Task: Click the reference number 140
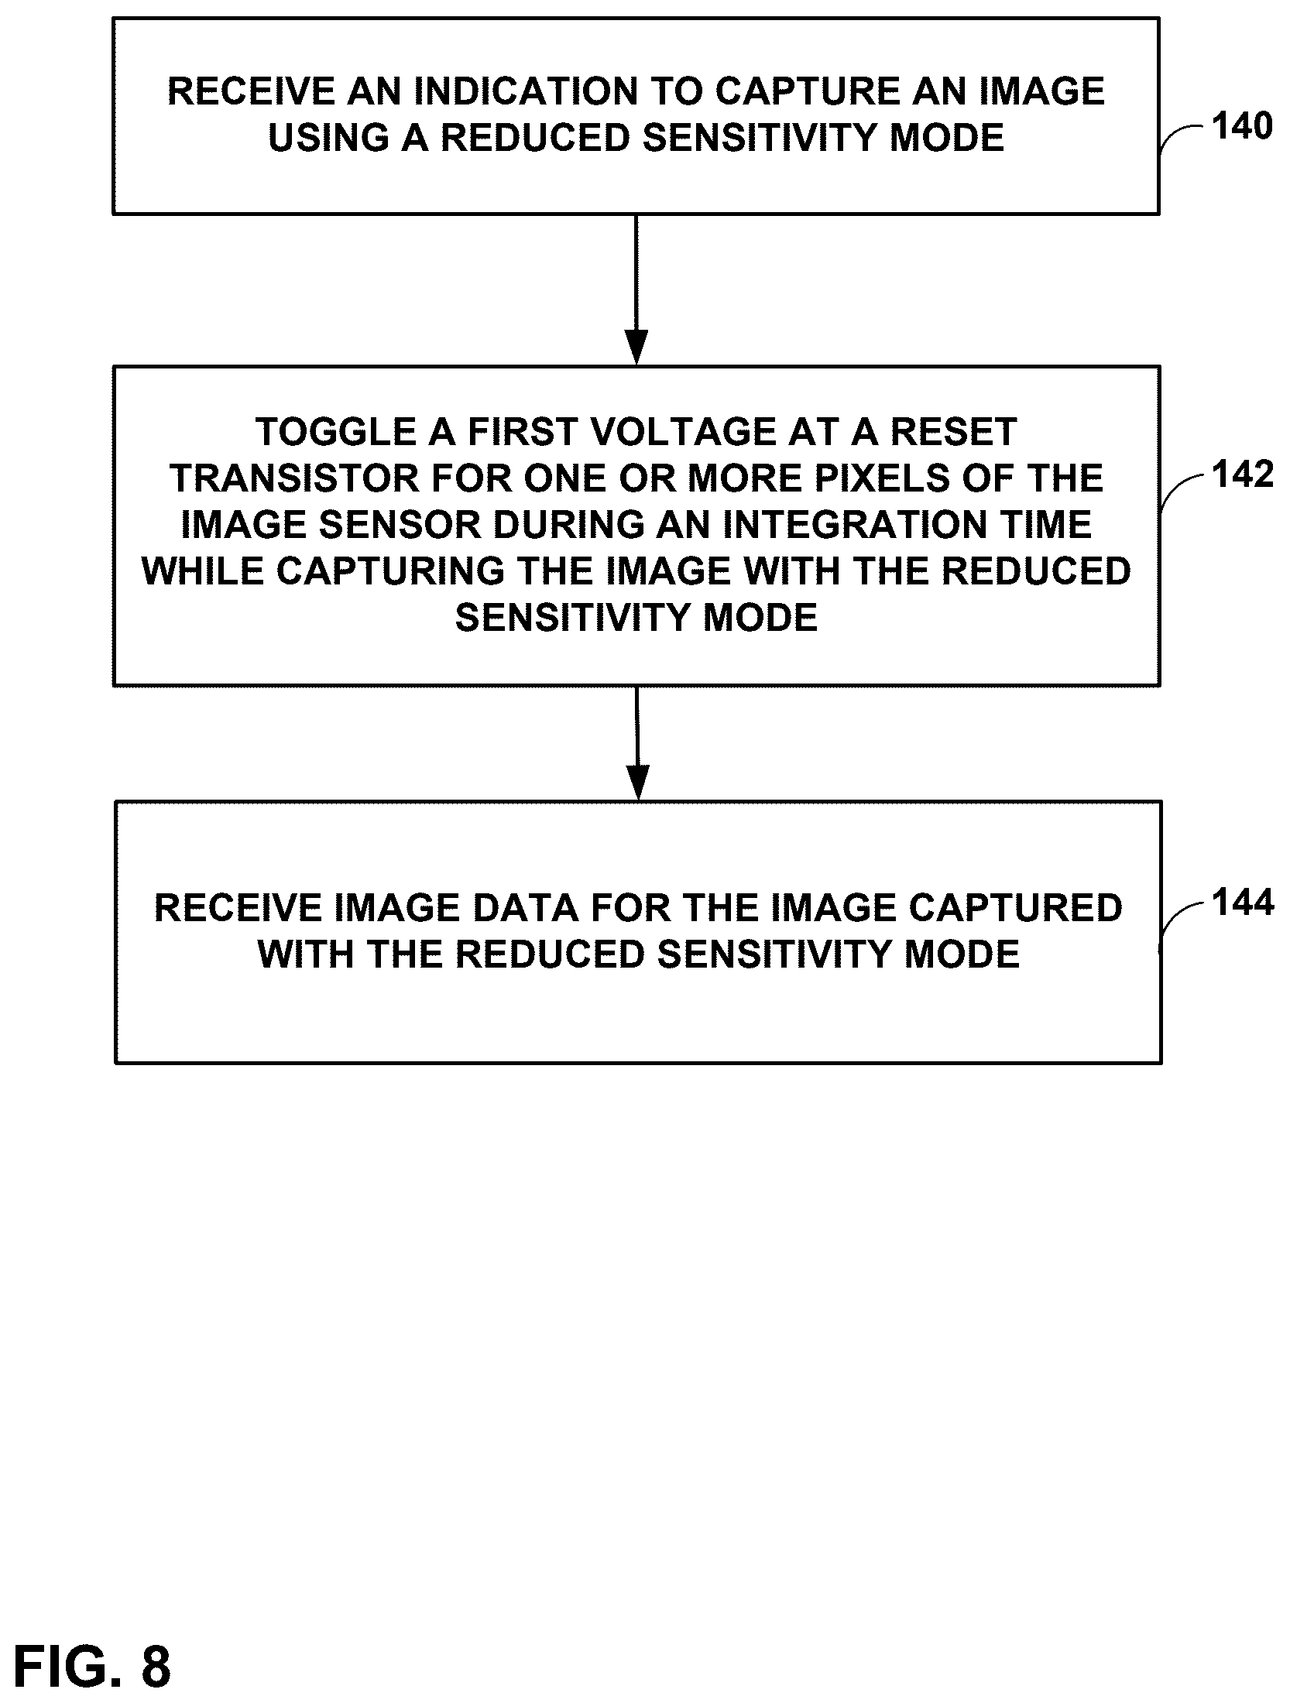coord(1242,126)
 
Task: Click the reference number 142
coord(1243,475)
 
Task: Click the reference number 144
coord(1243,903)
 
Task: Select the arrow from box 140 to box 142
coord(636,290)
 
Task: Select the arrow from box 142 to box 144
coord(637,743)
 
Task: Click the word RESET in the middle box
coord(954,432)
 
